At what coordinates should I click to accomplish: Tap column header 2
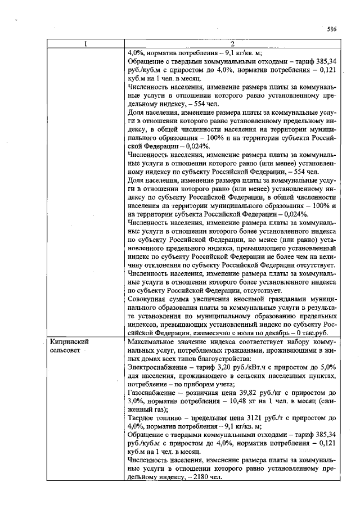[231, 44]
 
